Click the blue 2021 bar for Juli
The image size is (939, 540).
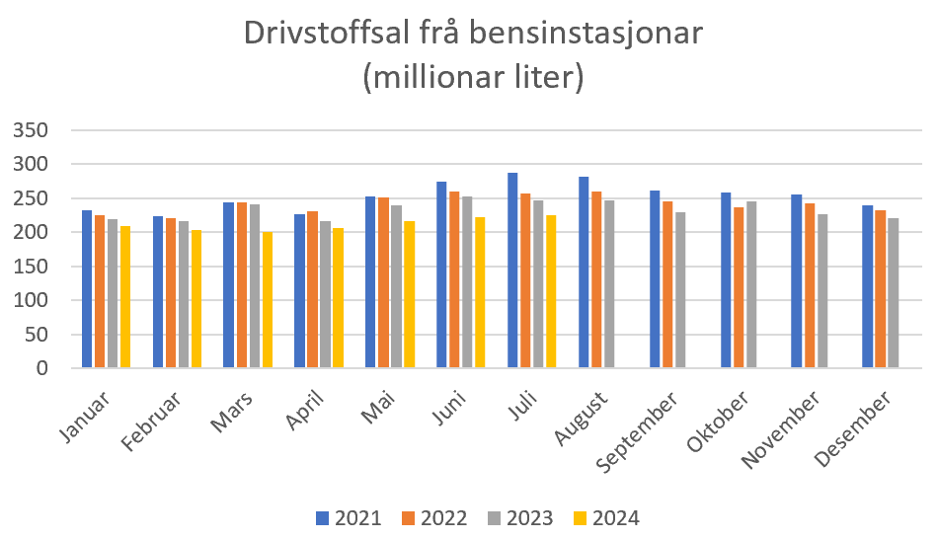point(512,270)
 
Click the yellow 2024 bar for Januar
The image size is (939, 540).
point(125,297)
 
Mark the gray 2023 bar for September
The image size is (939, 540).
point(680,290)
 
